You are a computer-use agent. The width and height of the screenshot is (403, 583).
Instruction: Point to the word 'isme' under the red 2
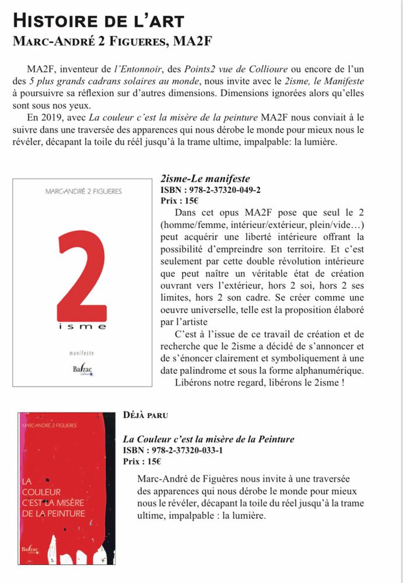pos(82,327)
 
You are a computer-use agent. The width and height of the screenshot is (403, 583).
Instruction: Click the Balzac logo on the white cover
pos(82,370)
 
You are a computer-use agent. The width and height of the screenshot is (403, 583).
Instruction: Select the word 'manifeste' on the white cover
pos(82,353)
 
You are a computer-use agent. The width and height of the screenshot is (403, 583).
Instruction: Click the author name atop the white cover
pos(83,191)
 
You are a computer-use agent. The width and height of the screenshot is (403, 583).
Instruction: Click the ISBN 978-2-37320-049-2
pos(210,190)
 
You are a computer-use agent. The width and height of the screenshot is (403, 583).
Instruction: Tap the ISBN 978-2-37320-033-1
pos(173,451)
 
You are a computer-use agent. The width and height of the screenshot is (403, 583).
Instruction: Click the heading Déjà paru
pos(146,415)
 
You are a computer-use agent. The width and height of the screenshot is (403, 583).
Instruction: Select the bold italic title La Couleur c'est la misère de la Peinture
pos(208,440)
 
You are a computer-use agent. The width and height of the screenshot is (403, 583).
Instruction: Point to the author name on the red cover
pos(48,426)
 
